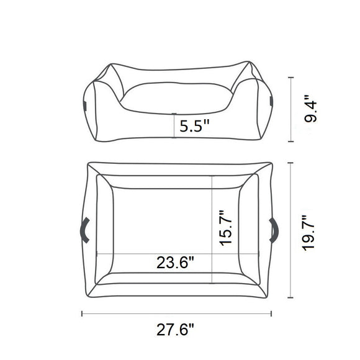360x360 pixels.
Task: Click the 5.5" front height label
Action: pyautogui.click(x=194, y=127)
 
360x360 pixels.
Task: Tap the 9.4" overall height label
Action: pyautogui.click(x=316, y=109)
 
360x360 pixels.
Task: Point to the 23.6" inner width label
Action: pyautogui.click(x=176, y=263)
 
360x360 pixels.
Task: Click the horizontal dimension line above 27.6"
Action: pyautogui.click(x=178, y=313)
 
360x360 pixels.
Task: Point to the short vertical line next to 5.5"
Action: pyautogui.click(x=174, y=127)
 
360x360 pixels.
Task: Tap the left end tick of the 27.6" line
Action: pyautogui.click(x=82, y=313)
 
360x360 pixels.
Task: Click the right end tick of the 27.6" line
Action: pyautogui.click(x=274, y=313)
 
